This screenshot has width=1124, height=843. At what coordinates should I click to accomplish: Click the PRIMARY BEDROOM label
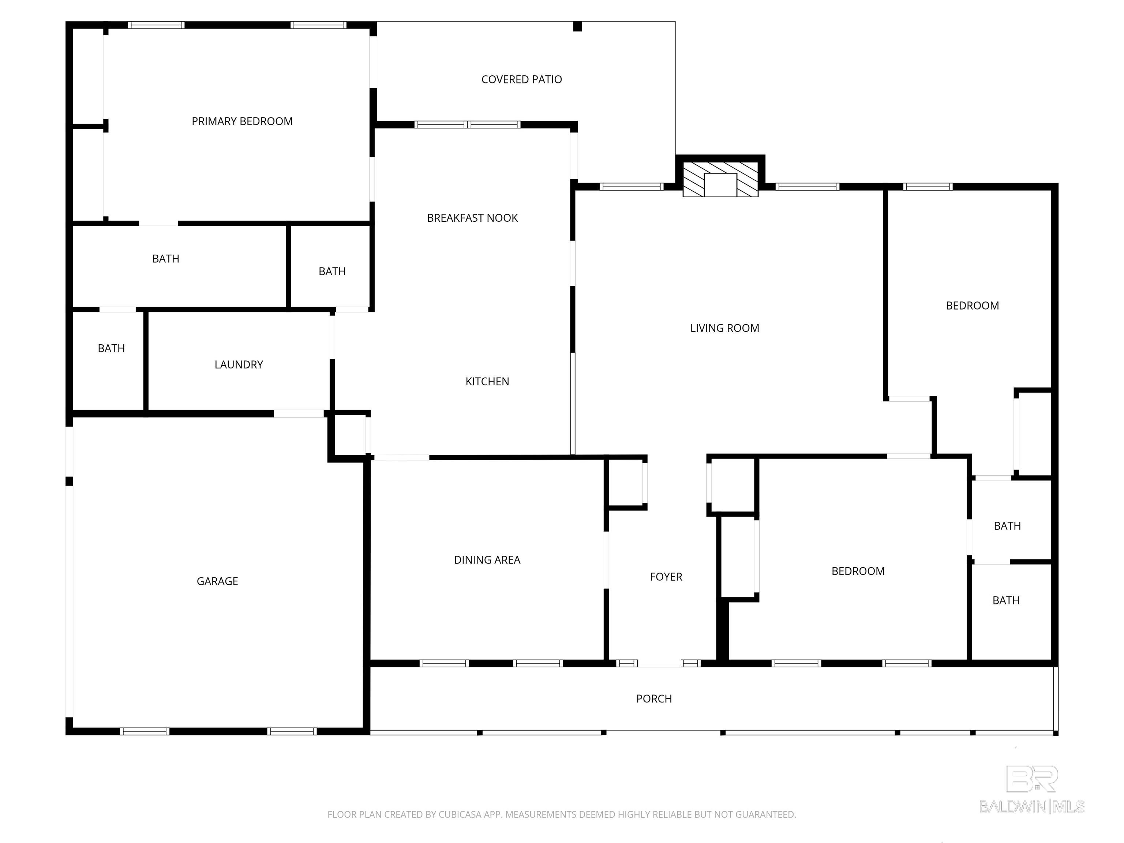(242, 121)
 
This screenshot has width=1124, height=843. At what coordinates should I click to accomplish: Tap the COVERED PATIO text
(521, 80)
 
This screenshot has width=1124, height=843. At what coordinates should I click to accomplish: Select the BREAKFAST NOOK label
(472, 218)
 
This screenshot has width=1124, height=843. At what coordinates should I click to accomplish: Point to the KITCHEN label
(487, 382)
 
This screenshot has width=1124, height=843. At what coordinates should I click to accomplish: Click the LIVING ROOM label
(724, 328)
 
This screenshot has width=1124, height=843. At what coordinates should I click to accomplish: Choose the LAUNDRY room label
(238, 365)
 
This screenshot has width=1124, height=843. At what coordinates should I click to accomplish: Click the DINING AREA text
(487, 560)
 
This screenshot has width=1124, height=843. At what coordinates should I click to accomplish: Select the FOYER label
(666, 577)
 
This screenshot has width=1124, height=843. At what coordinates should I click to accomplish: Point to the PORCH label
(653, 699)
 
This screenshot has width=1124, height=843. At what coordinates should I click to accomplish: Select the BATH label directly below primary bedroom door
(166, 259)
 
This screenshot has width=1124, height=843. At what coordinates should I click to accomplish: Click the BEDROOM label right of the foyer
(858, 571)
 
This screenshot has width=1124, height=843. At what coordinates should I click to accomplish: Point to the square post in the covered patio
(577, 26)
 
